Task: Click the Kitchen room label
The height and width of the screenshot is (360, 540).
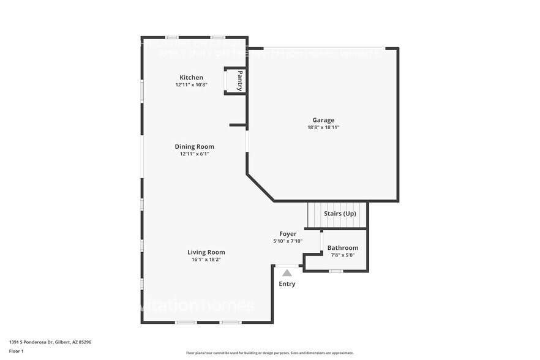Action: [191, 78]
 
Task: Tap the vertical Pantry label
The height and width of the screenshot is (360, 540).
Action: [240, 81]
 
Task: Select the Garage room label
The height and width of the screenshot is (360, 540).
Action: [323, 121]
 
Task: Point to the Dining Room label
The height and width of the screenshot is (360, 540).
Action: [194, 147]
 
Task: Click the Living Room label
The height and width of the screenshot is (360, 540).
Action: [206, 252]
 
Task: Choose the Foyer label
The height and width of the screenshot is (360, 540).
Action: [288, 234]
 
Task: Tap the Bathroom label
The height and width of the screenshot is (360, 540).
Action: [343, 248]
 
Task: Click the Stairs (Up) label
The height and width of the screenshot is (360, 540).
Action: [340, 214]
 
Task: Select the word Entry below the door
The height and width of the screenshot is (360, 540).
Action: [287, 284]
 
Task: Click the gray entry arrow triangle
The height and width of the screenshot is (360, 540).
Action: [287, 273]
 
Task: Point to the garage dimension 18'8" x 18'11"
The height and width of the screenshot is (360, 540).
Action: [323, 128]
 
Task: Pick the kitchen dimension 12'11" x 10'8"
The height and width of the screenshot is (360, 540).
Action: [191, 85]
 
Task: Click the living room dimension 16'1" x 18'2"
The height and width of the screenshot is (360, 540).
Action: [206, 260]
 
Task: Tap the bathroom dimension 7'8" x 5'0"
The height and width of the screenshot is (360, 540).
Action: [343, 255]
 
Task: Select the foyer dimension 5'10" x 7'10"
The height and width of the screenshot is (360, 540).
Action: [288, 241]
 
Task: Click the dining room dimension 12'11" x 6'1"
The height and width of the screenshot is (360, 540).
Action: [194, 154]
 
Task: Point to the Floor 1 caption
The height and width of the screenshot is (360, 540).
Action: [17, 351]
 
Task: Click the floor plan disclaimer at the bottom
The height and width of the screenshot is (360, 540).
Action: [270, 353]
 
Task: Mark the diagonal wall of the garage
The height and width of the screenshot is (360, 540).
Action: [260, 188]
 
